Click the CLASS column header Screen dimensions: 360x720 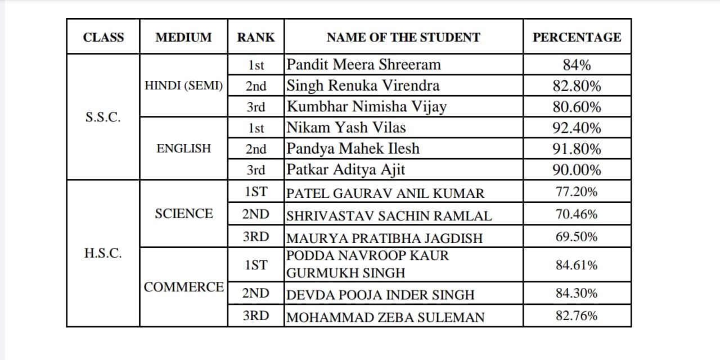pyautogui.click(x=103, y=38)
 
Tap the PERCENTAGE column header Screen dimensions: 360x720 pyautogui.click(x=577, y=38)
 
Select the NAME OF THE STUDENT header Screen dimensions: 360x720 pyautogui.click(x=403, y=38)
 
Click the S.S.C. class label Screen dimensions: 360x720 pyautogui.click(x=103, y=118)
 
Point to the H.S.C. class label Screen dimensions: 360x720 pyautogui.click(x=103, y=253)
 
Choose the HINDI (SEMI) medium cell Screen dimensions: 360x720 pyautogui.click(x=183, y=86)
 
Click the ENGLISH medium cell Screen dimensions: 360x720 pyautogui.click(x=183, y=149)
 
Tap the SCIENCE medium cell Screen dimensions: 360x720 pyautogui.click(x=183, y=214)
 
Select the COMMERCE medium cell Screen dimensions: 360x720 pyautogui.click(x=183, y=287)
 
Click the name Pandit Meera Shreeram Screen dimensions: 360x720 pyautogui.click(x=364, y=65)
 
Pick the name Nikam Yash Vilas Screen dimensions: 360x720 pyautogui.click(x=346, y=128)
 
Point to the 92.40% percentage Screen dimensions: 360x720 pyautogui.click(x=577, y=128)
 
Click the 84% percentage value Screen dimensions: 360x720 pyautogui.click(x=577, y=65)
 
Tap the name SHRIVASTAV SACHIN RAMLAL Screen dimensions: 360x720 pyautogui.click(x=389, y=215)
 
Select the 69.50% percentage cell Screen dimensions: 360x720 pyautogui.click(x=577, y=237)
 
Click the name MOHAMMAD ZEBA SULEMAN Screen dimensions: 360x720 pyautogui.click(x=385, y=317)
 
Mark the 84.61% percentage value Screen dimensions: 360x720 pyautogui.click(x=577, y=265)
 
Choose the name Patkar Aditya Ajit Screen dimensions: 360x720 pyautogui.click(x=346, y=169)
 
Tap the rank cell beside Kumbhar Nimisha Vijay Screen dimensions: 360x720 pyautogui.click(x=256, y=107)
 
